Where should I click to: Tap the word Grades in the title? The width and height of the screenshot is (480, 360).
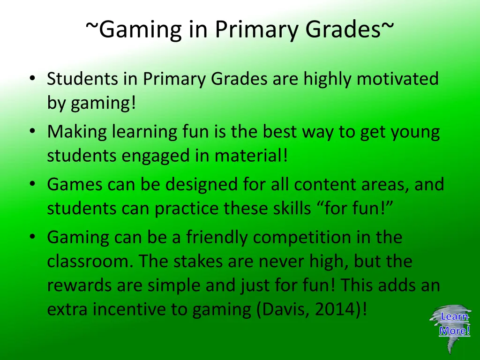point(343,30)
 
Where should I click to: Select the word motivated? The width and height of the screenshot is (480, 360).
point(397,79)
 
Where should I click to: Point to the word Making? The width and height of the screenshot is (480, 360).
point(77,133)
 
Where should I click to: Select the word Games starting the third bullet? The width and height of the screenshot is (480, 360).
point(75,184)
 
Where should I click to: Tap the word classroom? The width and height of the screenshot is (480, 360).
point(90,261)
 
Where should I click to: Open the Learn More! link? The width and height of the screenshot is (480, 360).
point(454,324)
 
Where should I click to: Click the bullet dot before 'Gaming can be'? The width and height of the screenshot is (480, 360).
point(31,237)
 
